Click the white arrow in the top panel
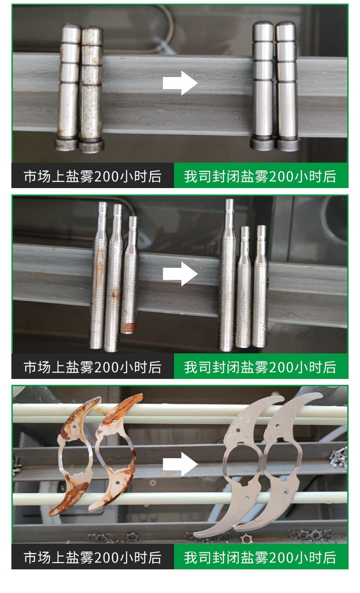(180, 83)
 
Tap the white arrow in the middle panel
(180, 274)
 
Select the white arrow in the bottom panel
(180, 464)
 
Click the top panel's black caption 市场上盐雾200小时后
(93, 176)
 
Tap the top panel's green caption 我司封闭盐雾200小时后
(260, 176)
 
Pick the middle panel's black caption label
(93, 367)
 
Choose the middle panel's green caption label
(260, 367)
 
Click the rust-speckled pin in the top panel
(92, 90)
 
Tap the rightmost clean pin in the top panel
(287, 86)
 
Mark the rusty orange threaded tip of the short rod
(129, 328)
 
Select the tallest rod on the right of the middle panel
(228, 275)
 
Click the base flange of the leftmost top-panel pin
(66, 145)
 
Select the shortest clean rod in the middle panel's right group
(244, 287)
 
